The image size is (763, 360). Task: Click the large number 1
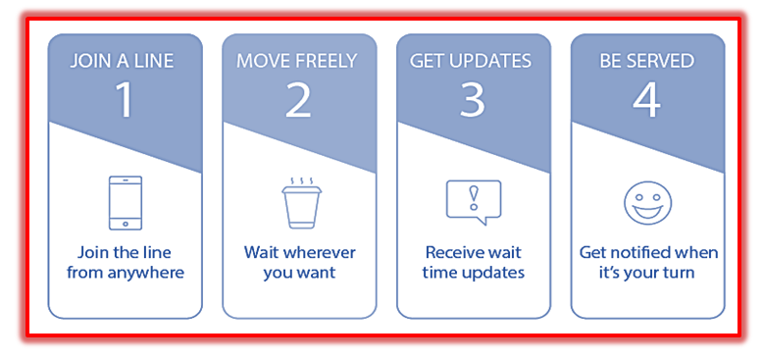tap(126, 100)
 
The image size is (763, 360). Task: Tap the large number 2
tap(298, 100)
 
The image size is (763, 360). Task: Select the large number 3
tap(472, 100)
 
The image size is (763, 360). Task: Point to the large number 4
tap(646, 100)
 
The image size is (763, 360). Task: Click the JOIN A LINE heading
tap(122, 61)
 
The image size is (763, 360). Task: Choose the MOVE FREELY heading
tap(297, 61)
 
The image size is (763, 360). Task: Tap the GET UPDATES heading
tap(471, 61)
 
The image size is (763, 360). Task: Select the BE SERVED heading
tap(646, 61)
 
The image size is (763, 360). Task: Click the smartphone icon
tap(126, 203)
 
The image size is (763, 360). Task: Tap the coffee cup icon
tap(301, 203)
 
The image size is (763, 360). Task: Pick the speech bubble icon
tap(474, 202)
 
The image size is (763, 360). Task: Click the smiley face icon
tap(647, 203)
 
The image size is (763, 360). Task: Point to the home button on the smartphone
tap(126, 224)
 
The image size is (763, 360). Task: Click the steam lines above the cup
tap(302, 180)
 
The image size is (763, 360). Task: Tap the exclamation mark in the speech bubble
tap(472, 198)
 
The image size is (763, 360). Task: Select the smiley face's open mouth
tap(647, 211)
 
